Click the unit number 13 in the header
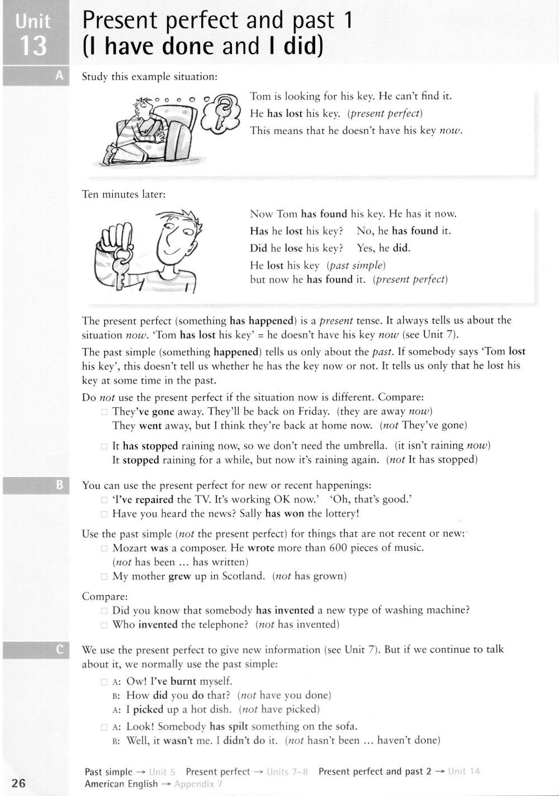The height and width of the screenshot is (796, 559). pos(33,45)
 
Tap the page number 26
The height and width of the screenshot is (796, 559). pos(18,783)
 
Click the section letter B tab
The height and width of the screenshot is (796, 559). pos(60,485)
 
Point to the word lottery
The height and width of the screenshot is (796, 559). pos(339,514)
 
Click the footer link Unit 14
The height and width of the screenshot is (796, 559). pos(464,771)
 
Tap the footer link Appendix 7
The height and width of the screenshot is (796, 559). pos(198,784)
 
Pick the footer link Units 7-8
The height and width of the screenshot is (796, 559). pos(287,771)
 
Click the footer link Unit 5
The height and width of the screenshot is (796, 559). pos(162,772)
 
